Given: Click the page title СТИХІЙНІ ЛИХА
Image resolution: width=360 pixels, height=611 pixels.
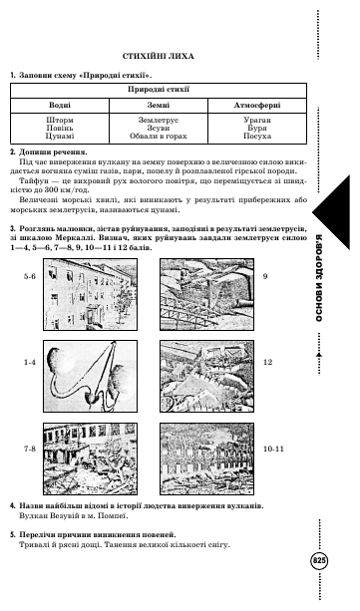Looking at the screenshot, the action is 158,57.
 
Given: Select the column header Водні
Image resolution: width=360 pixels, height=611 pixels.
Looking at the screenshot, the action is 60,106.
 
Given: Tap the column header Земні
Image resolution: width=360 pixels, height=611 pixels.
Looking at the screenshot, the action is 159,106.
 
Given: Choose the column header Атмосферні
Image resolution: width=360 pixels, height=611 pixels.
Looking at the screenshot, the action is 257,106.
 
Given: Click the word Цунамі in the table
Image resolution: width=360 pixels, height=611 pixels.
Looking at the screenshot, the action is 60,136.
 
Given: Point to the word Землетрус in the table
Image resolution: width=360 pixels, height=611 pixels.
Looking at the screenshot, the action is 159,121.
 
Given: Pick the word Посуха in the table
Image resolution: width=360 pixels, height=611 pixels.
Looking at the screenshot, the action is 257,136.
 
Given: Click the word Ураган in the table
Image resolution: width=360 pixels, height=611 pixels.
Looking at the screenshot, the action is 257,121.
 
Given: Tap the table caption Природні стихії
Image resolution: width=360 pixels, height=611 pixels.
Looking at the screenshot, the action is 159,90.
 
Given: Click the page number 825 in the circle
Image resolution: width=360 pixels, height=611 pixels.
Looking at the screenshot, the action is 319,561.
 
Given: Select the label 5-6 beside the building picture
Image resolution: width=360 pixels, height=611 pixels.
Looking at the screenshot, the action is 30,277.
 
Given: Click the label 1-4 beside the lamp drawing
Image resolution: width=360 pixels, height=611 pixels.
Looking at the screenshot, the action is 30,363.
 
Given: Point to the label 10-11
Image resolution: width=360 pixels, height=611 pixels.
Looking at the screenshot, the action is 273,449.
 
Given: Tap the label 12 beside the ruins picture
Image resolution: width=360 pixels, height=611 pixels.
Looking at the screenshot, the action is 267,363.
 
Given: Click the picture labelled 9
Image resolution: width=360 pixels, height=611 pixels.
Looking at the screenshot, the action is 206,295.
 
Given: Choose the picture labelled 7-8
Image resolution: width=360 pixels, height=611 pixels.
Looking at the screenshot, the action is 90,458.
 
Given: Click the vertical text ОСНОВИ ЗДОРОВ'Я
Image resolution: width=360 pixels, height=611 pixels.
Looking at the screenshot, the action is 319,278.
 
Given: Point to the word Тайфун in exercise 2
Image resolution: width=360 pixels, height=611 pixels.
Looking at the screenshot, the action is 32,180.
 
